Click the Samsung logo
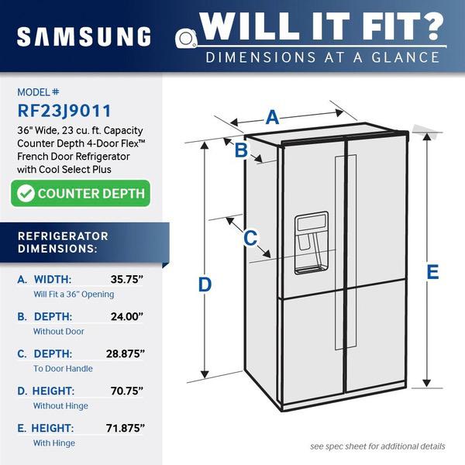click(84, 36)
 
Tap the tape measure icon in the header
click(186, 38)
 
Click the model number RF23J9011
click(64, 111)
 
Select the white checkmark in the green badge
click(26, 193)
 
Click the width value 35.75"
click(127, 279)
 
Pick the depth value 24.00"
click(127, 316)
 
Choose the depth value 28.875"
click(126, 353)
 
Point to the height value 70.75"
click(127, 391)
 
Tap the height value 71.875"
click(126, 428)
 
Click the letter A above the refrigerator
click(272, 117)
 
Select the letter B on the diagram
click(241, 150)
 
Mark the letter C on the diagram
click(250, 238)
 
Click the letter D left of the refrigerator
click(205, 284)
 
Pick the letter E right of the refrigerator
click(432, 272)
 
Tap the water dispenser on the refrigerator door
click(311, 243)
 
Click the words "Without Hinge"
click(60, 405)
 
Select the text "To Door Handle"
click(63, 369)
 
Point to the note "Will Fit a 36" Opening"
click(74, 294)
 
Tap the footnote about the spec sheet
click(377, 446)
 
